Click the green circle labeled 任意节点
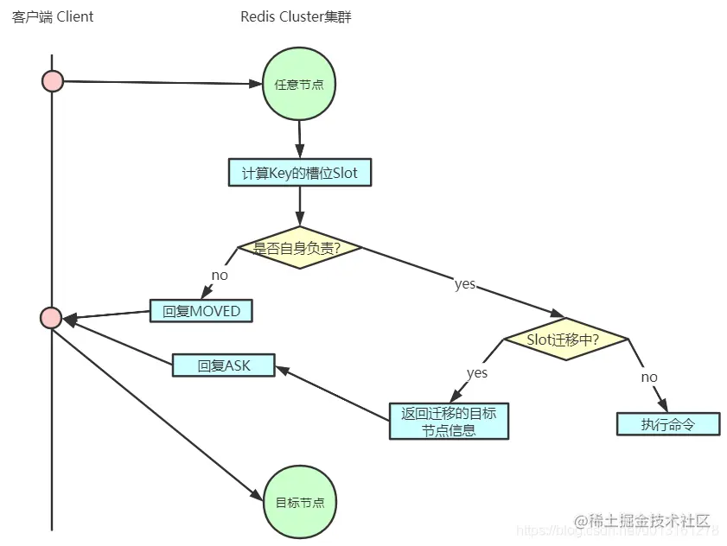point(299,85)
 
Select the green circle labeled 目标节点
point(299,502)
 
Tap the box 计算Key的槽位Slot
point(299,173)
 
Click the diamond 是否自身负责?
point(299,248)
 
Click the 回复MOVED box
point(201,311)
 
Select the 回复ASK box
point(224,365)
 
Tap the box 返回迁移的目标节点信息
point(449,422)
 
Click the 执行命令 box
point(667,424)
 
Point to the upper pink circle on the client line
point(53,81)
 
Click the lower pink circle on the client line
point(51,318)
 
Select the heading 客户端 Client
point(53,16)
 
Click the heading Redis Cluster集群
point(297,16)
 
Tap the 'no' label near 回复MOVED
point(220,275)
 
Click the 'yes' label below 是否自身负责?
point(465,283)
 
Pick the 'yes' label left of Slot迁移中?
point(477,373)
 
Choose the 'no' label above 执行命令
point(649,377)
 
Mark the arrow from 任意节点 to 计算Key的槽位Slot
point(300,138)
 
